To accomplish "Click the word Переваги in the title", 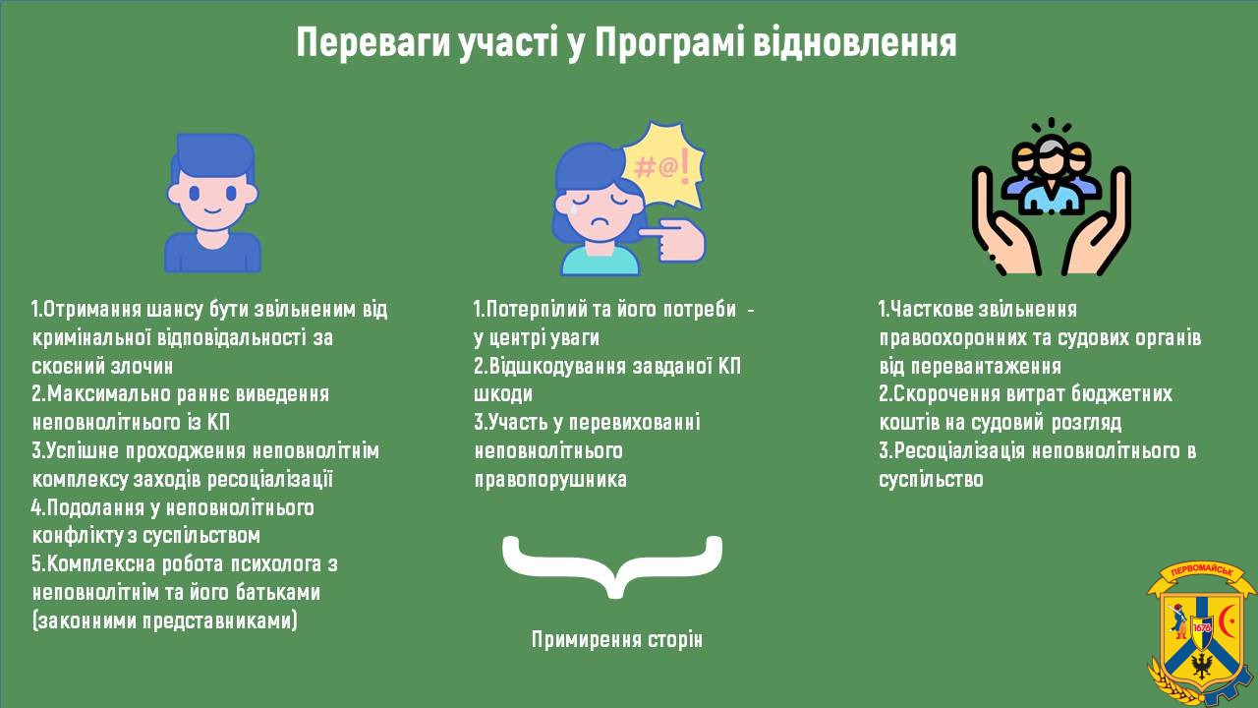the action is click(372, 43).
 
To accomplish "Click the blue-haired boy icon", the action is click(212, 204).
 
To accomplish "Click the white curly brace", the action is click(612, 566).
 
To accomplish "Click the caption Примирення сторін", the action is click(616, 639).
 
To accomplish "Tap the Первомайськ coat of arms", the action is click(1201, 632).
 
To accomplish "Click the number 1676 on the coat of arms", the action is click(1202, 626).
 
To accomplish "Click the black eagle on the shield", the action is click(1201, 667).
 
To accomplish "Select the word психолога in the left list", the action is click(268, 564).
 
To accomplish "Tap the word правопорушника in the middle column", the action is click(550, 479).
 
